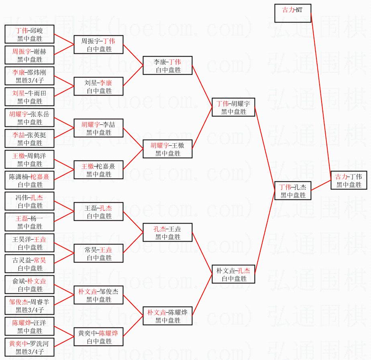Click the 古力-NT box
pos(293,13)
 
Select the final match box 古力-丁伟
pos(349,181)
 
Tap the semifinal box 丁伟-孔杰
pos(293,191)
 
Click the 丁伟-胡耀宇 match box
pos(233,107)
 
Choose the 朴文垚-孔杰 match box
pos(233,274)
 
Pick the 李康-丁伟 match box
pos(167,65)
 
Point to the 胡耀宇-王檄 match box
pos(167,149)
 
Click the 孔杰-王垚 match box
pos(167,232)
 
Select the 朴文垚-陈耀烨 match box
pos(167,316)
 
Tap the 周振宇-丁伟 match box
pos(98,45)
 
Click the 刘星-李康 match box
pos(98,86)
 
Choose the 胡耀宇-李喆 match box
pos(98,128)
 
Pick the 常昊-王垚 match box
pos(98,253)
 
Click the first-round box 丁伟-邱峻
pos(29,34)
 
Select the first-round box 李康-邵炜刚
pos(29,76)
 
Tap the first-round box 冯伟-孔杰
pos(29,201)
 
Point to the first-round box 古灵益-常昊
pos(29,264)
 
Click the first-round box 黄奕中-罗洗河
pos(29,347)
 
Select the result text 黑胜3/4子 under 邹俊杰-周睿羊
pos(29,310)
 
